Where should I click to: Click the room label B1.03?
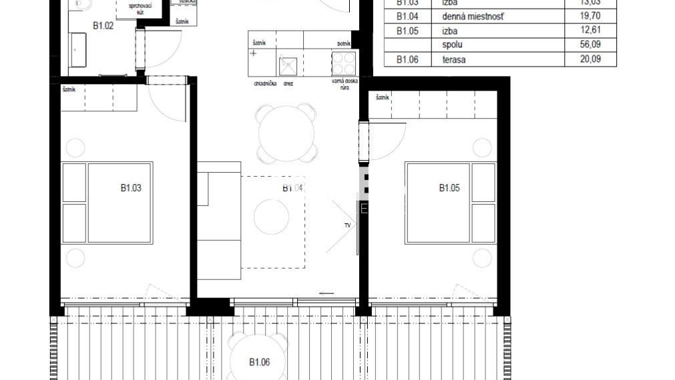131,188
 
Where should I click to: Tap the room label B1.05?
449,188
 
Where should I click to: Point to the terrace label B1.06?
260,362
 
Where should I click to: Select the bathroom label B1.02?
103,26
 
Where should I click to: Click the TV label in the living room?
347,226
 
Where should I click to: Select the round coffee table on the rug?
272,217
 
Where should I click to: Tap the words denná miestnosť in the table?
469,16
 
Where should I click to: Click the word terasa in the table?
454,60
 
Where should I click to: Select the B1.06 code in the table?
407,60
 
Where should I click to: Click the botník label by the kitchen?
344,43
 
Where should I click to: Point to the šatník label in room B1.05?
382,97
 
